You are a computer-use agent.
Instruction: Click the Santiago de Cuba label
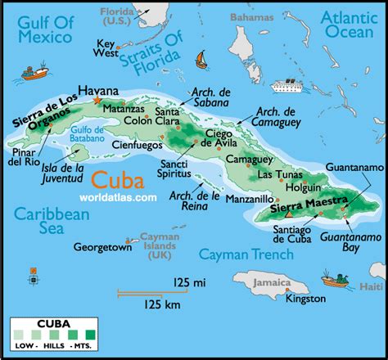[290, 232]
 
